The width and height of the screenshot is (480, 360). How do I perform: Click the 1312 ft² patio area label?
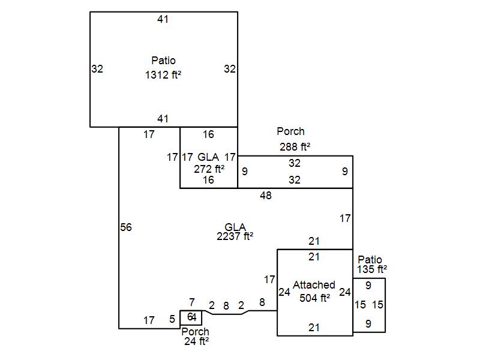click(x=163, y=76)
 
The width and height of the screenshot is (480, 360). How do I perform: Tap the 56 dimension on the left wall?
click(x=126, y=227)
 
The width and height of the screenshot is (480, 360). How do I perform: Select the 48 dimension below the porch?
click(x=265, y=196)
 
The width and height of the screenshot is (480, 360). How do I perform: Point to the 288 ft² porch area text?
click(x=295, y=146)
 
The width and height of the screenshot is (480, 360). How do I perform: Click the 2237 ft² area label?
click(x=235, y=236)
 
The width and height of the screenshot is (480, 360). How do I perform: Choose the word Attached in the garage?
click(x=314, y=285)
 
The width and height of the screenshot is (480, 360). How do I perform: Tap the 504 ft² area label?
click(x=315, y=298)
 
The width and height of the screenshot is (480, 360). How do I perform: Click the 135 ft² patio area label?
click(x=372, y=269)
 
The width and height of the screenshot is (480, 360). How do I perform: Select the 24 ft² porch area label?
click(x=196, y=341)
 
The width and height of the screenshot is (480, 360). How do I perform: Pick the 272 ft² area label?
click(x=209, y=169)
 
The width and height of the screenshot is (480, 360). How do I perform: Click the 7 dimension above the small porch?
click(x=192, y=302)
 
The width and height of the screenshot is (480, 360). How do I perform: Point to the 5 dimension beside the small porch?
click(x=172, y=320)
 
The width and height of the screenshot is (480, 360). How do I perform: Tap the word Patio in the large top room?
click(x=163, y=61)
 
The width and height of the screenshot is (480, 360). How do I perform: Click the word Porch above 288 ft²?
click(x=290, y=131)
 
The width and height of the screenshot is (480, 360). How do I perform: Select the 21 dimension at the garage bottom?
click(x=314, y=328)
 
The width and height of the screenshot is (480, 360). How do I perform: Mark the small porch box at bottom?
click(x=191, y=317)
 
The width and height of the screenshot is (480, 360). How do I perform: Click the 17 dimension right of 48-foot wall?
click(x=345, y=219)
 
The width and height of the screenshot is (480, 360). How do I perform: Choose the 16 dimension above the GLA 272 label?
click(x=208, y=134)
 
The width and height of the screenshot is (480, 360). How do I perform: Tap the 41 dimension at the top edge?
click(x=163, y=19)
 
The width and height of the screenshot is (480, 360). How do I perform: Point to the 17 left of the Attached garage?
click(x=269, y=279)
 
